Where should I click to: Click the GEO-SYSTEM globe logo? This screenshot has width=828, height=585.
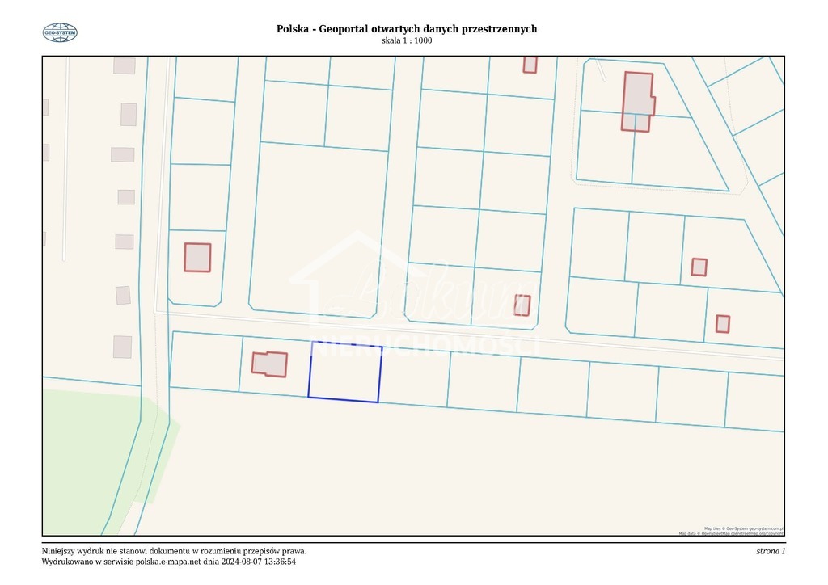(x=60, y=32)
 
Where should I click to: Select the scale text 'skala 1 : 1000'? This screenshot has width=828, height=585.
(x=406, y=40)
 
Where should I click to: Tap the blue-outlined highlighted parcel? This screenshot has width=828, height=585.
(x=344, y=372)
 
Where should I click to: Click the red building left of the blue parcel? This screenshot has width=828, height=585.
(x=269, y=364)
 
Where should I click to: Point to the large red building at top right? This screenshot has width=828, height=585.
(x=637, y=100)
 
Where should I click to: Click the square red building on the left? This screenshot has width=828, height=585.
(x=197, y=257)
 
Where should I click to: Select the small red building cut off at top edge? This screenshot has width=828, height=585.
(x=530, y=65)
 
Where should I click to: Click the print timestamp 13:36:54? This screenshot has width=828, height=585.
(x=277, y=562)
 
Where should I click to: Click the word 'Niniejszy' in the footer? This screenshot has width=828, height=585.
(x=60, y=551)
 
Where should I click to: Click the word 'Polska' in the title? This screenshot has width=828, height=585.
(x=292, y=29)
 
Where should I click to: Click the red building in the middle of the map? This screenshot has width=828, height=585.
(x=522, y=305)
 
